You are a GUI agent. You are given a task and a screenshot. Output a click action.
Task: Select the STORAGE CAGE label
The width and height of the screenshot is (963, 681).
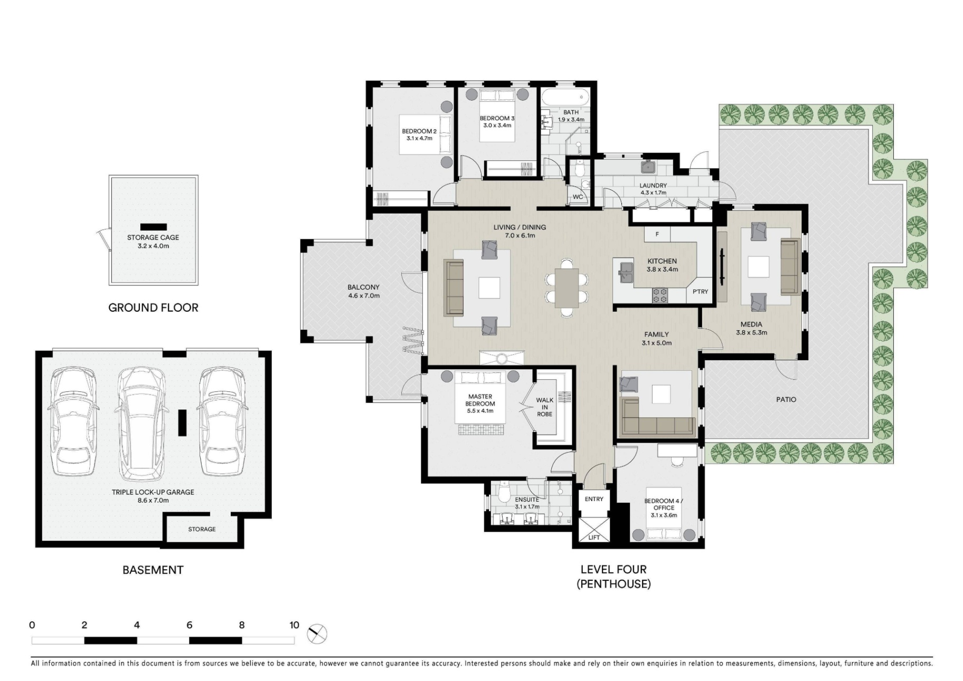coord(153,237)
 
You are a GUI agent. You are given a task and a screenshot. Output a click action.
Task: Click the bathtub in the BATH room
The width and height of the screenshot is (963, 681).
coord(564,98)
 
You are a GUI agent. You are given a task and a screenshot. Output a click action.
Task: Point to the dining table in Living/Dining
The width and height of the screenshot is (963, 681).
coord(567,287)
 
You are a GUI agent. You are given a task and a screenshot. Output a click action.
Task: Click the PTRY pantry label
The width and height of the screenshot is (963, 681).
coord(700,291)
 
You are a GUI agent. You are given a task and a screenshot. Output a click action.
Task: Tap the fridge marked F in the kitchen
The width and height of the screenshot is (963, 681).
coord(657,234)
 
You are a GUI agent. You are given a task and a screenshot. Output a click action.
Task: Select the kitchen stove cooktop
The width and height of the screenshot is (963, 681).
coord(660,295)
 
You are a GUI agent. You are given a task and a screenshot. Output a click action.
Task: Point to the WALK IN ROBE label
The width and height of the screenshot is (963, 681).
coord(545,407)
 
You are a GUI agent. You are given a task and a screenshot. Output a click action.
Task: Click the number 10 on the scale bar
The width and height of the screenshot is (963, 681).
coord(294,625)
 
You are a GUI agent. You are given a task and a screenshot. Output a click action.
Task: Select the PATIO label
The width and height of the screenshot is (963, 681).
coord(786,399)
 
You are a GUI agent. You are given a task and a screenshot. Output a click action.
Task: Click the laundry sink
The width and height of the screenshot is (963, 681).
coord(648,167)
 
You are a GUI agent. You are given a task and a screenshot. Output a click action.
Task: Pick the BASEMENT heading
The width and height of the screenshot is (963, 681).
coord(153,570)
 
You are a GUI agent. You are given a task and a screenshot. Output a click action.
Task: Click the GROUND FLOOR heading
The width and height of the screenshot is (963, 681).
coord(153,308)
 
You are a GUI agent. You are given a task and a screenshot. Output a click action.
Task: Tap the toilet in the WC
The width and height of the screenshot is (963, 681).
coord(579,169)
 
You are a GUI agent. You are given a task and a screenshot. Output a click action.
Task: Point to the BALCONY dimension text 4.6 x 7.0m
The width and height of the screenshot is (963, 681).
coord(364,296)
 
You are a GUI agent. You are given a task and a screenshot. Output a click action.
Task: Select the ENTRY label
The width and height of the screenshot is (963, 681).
coord(594,499)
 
